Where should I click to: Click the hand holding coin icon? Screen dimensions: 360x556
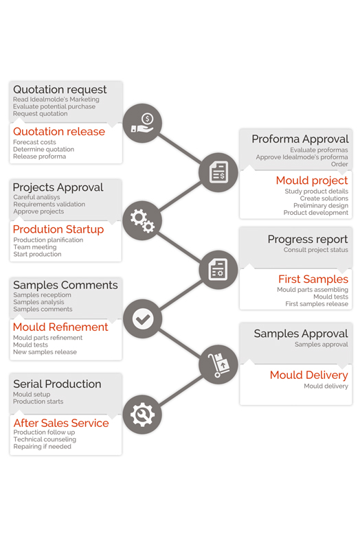click(x=142, y=123)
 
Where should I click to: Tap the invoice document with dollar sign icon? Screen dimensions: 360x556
click(x=218, y=172)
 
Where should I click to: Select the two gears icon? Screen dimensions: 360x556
click(x=142, y=221)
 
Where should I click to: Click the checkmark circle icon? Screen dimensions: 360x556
click(x=143, y=318)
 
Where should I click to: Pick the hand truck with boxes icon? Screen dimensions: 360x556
click(x=218, y=365)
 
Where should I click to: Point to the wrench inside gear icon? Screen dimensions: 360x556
click(x=142, y=415)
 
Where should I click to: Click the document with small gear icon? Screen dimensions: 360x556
click(x=218, y=270)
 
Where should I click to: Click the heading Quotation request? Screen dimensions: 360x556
click(x=60, y=90)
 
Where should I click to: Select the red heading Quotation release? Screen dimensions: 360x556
click(x=59, y=132)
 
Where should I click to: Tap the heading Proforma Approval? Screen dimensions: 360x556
click(x=300, y=139)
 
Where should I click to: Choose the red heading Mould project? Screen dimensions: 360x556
click(x=312, y=181)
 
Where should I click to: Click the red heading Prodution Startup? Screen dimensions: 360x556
click(x=58, y=229)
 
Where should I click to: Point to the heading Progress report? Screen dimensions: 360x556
click(x=308, y=240)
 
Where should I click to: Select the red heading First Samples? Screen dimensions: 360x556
click(x=313, y=279)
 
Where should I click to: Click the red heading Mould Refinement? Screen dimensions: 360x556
click(x=60, y=327)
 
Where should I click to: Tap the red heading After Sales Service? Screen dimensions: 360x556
click(x=61, y=423)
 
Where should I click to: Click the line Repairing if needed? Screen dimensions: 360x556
click(x=42, y=447)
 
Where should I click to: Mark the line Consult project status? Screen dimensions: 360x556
click(x=315, y=250)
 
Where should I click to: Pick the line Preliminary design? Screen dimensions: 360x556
click(x=321, y=206)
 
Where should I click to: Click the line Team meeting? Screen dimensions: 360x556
click(x=35, y=247)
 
